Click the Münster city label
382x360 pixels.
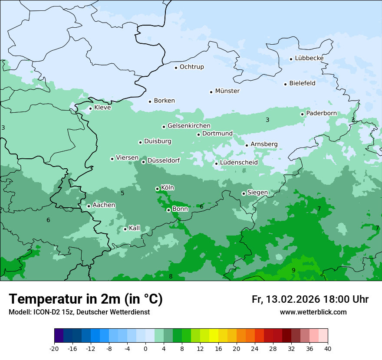[227, 91]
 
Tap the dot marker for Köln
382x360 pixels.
[157, 189]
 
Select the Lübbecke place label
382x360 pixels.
[309, 58]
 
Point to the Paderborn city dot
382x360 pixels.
[303, 114]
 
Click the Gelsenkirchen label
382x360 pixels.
[189, 126]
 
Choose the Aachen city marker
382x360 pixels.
[89, 206]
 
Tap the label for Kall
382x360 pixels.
[134, 228]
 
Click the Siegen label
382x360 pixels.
[257, 193]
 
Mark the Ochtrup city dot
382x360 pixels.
[176, 68]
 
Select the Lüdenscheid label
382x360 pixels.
[239, 163]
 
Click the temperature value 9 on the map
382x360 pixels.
[293, 270]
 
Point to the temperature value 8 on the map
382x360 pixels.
[171, 276]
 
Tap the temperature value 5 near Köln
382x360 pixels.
[122, 193]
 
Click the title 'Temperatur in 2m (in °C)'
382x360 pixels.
[86, 299]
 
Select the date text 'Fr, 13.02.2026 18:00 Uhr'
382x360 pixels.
[310, 299]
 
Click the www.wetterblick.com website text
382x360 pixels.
[313, 312]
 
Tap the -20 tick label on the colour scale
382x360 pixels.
[54, 348]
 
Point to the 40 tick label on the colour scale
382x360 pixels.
[328, 348]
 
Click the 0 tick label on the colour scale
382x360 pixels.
[145, 348]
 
